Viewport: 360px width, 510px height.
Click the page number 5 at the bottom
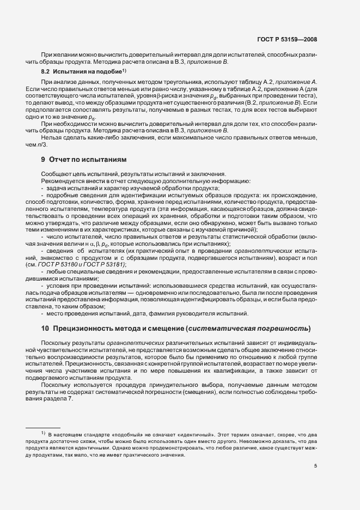click(x=315, y=466)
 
